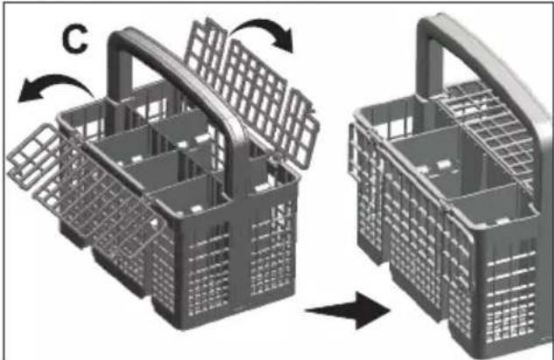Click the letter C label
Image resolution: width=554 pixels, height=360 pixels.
click(75, 39)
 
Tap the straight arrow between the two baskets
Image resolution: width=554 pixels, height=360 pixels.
click(348, 310)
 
